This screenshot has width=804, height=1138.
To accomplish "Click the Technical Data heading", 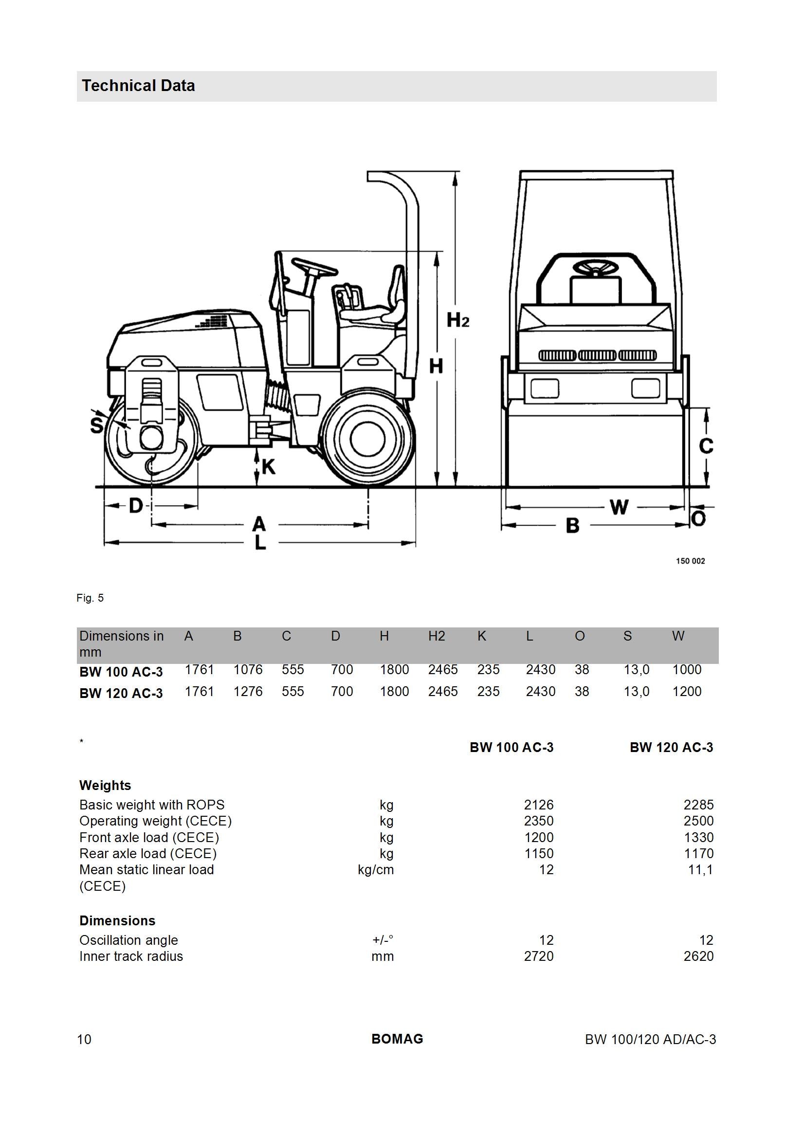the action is click(x=138, y=86).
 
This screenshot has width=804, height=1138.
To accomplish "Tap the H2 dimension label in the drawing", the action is click(x=457, y=320).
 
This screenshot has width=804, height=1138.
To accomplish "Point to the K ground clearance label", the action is click(x=268, y=466).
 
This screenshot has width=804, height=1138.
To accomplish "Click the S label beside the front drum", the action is click(x=97, y=425).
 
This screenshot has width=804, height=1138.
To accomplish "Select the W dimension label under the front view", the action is click(x=619, y=507).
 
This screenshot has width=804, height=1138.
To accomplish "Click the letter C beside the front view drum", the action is click(x=706, y=445).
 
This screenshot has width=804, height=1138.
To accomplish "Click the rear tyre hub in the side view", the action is click(x=367, y=439).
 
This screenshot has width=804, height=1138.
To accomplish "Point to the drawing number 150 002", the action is click(x=690, y=561).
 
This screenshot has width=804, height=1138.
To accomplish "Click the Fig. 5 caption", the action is click(x=90, y=598).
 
